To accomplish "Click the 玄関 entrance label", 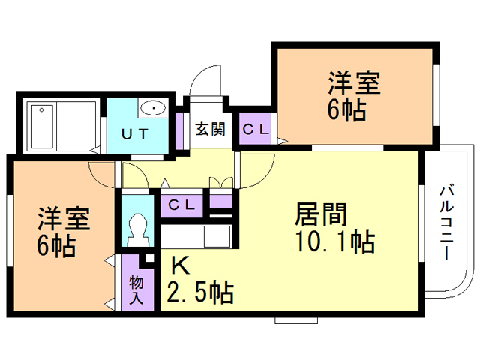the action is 210,129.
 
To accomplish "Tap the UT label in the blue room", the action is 135,134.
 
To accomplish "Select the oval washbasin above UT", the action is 153,108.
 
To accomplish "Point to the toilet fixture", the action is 136,229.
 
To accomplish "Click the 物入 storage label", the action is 136,289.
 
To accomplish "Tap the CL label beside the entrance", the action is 256,130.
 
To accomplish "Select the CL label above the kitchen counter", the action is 181,205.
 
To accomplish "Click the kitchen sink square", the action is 217,236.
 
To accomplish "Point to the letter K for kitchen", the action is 180,265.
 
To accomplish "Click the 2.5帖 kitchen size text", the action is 200,292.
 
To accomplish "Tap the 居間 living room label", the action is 321,214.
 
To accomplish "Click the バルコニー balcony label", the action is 447,222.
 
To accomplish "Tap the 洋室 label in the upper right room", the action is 355,82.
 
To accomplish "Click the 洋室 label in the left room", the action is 64,218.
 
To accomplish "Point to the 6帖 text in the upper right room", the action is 346,109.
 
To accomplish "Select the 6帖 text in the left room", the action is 56,246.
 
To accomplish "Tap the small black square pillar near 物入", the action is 149,258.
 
